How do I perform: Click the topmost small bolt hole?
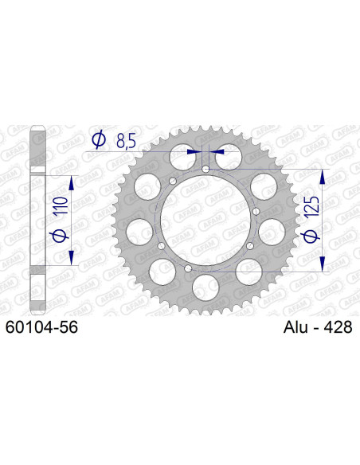(206, 169)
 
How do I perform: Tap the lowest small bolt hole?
(188, 269)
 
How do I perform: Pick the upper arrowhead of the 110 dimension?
(72, 183)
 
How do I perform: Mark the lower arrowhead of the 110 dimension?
(72, 260)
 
